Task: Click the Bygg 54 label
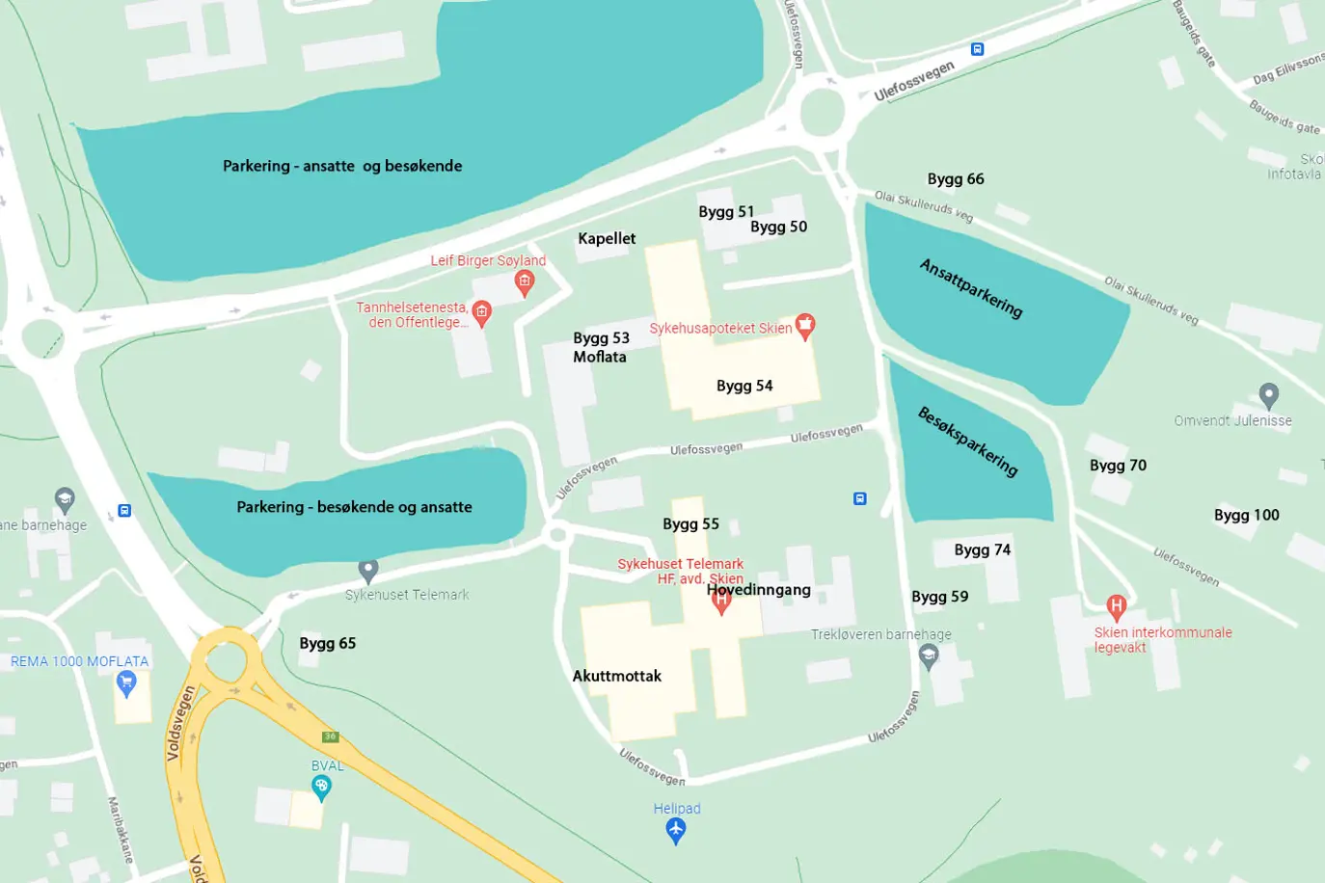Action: (744, 386)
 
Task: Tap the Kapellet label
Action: (607, 238)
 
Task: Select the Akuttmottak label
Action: (617, 676)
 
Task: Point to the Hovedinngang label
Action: (759, 589)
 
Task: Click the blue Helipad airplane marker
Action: (676, 829)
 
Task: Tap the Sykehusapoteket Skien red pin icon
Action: (804, 325)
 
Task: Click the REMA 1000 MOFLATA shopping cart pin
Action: (126, 683)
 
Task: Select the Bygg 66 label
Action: (956, 178)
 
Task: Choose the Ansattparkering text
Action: (971, 288)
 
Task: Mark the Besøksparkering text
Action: (967, 441)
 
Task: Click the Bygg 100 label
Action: (1246, 515)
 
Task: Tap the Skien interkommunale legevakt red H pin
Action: (1116, 607)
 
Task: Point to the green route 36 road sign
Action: (331, 736)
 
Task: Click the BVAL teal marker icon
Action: (322, 788)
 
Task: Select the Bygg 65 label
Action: (328, 643)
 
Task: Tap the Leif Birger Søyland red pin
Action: (525, 282)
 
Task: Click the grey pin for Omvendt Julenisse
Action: (1268, 395)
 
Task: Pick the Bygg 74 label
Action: (982, 549)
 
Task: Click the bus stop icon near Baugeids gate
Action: (977, 49)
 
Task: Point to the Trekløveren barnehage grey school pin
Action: (929, 656)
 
